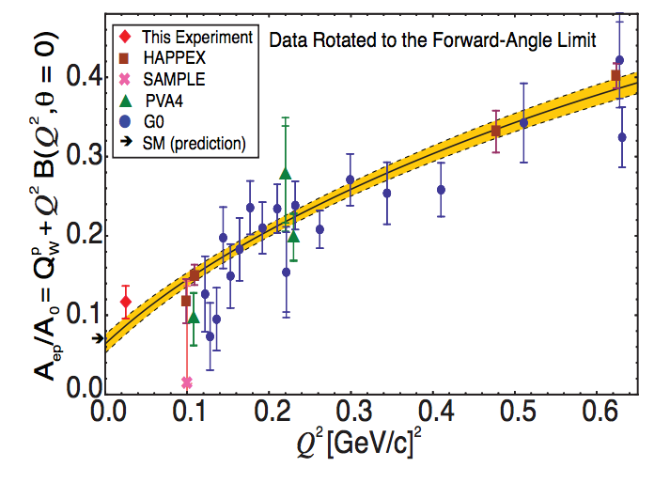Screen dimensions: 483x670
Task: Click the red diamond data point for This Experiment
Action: pyautogui.click(x=126, y=302)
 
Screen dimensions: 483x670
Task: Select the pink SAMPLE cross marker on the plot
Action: pyautogui.click(x=187, y=382)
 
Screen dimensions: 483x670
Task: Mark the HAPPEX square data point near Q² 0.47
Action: pyautogui.click(x=496, y=131)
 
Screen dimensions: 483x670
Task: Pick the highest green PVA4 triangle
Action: pyautogui.click(x=286, y=174)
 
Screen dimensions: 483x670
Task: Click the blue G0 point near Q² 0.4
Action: pyautogui.click(x=441, y=190)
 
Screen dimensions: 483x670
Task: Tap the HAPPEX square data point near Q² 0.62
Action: pyautogui.click(x=615, y=76)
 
